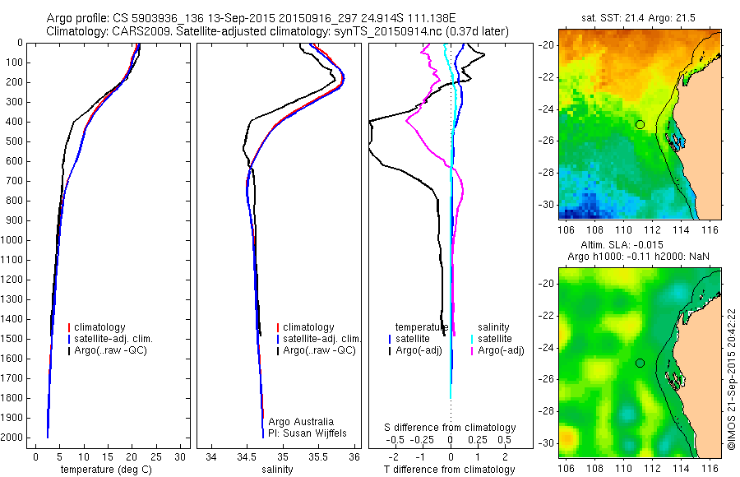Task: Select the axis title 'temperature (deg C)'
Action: tap(104, 470)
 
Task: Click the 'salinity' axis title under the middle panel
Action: tap(277, 470)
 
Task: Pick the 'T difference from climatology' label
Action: tap(450, 470)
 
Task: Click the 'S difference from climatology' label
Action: tap(451, 428)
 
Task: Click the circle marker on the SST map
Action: tap(640, 124)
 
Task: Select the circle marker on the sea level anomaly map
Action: tap(640, 363)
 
